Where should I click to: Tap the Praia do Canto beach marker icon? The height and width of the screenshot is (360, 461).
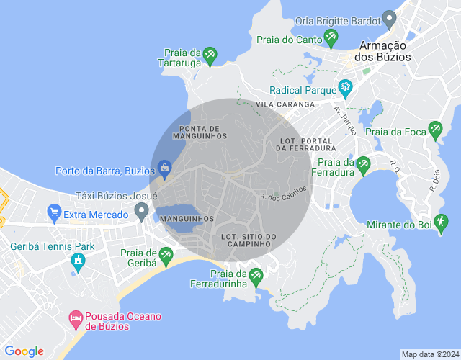pyautogui.click(x=331, y=37)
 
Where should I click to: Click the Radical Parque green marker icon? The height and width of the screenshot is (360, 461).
pyautogui.click(x=345, y=89)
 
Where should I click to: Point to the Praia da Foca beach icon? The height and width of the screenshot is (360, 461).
pyautogui.click(x=434, y=130)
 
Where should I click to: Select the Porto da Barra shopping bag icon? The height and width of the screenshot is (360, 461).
pyautogui.click(x=165, y=170)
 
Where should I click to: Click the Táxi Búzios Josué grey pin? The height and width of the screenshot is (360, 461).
pyautogui.click(x=141, y=211)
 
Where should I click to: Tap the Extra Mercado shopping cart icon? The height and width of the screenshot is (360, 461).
pyautogui.click(x=53, y=213)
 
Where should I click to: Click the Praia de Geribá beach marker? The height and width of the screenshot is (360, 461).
pyautogui.click(x=166, y=255)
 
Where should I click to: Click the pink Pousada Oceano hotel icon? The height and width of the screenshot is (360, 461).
pyautogui.click(x=75, y=318)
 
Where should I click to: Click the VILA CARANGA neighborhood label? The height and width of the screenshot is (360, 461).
pyautogui.click(x=285, y=104)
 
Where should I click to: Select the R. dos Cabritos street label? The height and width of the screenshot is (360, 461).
pyautogui.click(x=283, y=192)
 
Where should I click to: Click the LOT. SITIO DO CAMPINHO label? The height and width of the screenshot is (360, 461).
pyautogui.click(x=249, y=240)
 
